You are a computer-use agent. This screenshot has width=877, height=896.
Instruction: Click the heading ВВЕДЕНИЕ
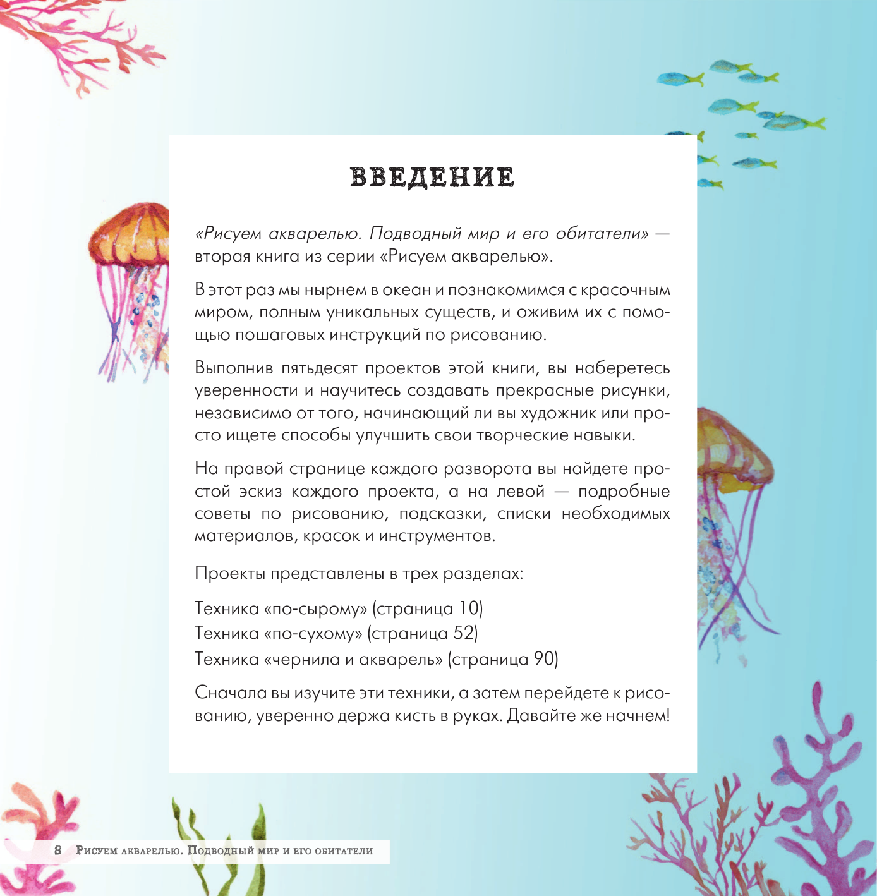click(x=433, y=178)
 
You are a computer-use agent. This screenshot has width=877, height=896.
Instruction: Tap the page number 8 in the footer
click(x=58, y=851)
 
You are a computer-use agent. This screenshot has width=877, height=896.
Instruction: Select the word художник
click(x=543, y=413)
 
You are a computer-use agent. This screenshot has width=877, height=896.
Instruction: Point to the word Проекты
click(x=230, y=574)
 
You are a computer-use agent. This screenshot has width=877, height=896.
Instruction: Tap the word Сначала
click(x=231, y=693)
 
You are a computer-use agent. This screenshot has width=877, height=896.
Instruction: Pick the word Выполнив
click(x=234, y=368)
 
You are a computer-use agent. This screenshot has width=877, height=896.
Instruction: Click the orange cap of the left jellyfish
click(x=131, y=233)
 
